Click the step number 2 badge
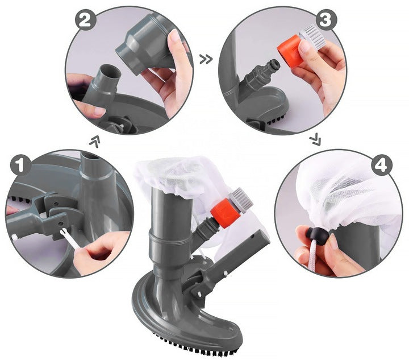click(86, 19)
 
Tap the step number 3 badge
click(326, 20)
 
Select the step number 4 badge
click(382, 165)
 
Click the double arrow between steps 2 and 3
click(206, 60)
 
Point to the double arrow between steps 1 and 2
click(95, 141)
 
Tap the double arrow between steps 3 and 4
click(316, 140)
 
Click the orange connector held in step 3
click(289, 53)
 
